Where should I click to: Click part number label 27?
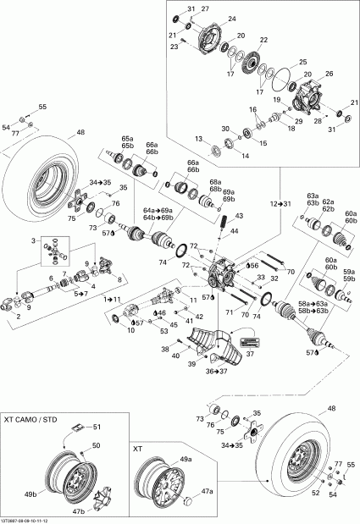point(203,8)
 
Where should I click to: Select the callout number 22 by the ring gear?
point(263,40)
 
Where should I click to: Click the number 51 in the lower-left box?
point(97,427)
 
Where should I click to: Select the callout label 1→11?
point(114,300)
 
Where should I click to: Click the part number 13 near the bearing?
point(197,138)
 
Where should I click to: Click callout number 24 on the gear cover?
point(232,19)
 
